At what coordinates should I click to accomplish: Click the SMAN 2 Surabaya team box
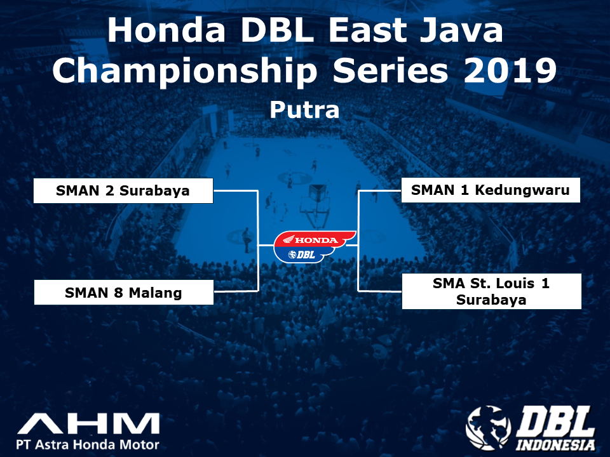pyautogui.click(x=123, y=191)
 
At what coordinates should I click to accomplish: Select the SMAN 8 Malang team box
pyautogui.click(x=124, y=292)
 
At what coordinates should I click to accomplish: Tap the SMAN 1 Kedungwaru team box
pyautogui.click(x=491, y=190)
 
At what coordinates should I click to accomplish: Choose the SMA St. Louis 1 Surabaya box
pyautogui.click(x=492, y=291)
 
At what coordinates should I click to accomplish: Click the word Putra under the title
pyautogui.click(x=304, y=110)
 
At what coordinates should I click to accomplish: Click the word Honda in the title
pyautogui.click(x=166, y=30)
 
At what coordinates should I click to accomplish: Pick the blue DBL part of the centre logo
pyautogui.click(x=302, y=255)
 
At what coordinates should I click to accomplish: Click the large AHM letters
pyautogui.click(x=89, y=423)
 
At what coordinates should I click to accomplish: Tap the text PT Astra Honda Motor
pyautogui.click(x=88, y=444)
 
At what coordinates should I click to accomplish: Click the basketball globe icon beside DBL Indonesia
pyautogui.click(x=488, y=427)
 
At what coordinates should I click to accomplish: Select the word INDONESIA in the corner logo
pyautogui.click(x=555, y=444)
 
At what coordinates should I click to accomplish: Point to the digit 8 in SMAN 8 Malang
pyautogui.click(x=118, y=293)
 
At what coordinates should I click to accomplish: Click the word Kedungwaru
pyautogui.click(x=522, y=190)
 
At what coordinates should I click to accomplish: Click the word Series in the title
pyautogui.click(x=390, y=70)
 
